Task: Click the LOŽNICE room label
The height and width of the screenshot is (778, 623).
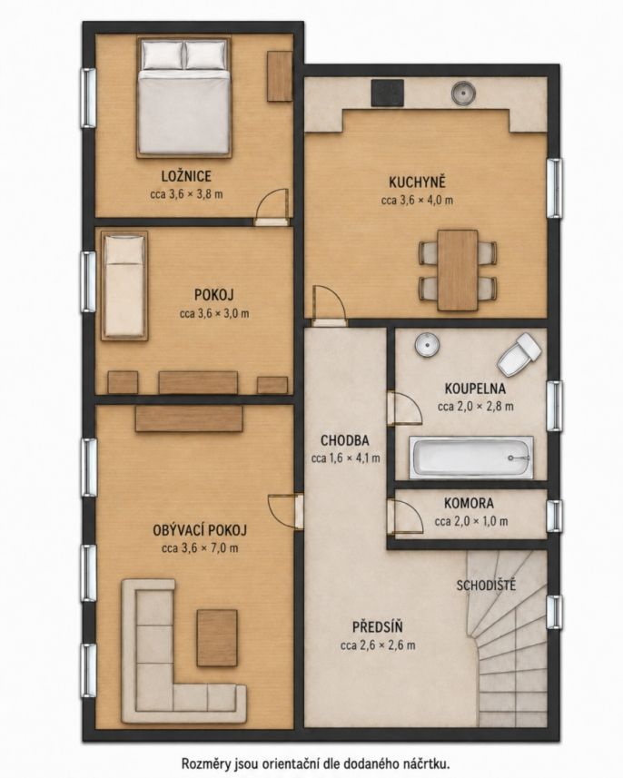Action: (186, 176)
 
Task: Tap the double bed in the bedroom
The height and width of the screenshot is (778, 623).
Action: (184, 97)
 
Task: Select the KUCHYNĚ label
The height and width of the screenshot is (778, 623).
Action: (417, 182)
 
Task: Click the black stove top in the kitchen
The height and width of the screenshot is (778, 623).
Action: (388, 94)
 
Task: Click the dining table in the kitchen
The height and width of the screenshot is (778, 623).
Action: (458, 270)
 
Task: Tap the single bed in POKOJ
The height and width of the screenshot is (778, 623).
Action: (124, 285)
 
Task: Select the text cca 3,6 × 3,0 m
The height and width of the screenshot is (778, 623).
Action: (214, 313)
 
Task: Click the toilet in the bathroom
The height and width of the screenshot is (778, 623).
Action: (519, 353)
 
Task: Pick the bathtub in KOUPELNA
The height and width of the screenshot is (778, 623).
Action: (471, 458)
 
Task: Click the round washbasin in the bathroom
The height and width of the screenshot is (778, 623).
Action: (427, 344)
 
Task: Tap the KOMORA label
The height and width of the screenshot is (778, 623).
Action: (469, 503)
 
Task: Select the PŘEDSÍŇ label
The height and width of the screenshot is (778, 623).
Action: (377, 627)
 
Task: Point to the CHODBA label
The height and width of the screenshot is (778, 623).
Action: (344, 440)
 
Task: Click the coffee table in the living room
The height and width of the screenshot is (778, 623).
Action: (217, 637)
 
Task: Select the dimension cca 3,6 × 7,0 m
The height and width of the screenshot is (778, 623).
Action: (200, 548)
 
